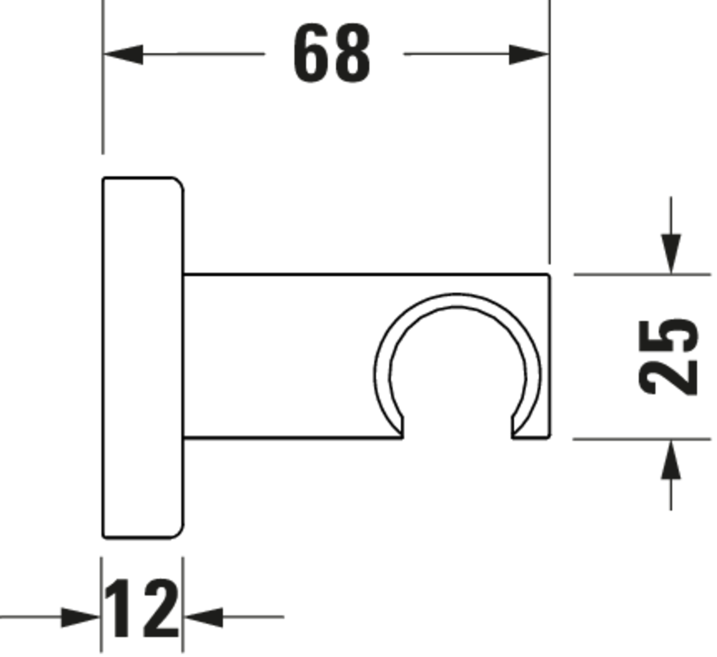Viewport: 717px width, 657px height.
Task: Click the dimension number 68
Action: pyautogui.click(x=332, y=53)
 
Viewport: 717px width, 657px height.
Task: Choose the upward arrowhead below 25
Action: pyautogui.click(x=671, y=461)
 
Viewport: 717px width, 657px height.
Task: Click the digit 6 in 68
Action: pyautogui.click(x=311, y=53)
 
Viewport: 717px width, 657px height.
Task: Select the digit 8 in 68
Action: pyautogui.click(x=352, y=53)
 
